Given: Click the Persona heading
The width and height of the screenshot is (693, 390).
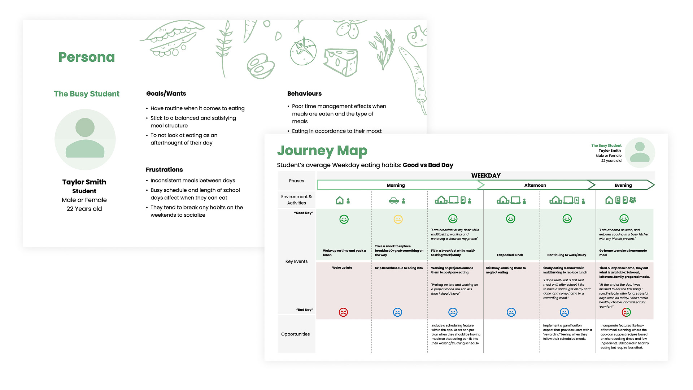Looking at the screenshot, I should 87,57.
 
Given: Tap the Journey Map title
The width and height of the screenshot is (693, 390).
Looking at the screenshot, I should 322,151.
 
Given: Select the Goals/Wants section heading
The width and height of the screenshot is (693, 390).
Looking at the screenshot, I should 166,94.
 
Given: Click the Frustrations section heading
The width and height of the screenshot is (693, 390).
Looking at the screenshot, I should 164,170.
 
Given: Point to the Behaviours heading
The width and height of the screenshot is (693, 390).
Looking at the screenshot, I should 304,94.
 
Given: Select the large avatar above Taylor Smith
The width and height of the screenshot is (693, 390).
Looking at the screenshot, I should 85,139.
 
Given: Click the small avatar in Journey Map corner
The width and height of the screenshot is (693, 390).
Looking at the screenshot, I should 640,152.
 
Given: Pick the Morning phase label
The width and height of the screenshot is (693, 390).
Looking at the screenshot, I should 396,185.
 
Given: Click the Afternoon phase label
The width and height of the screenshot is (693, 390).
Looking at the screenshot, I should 535,185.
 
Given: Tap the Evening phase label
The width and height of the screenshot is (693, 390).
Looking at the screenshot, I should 623,185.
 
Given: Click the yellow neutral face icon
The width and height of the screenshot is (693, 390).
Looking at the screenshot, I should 398,219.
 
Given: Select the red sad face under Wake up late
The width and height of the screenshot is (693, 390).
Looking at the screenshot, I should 343,312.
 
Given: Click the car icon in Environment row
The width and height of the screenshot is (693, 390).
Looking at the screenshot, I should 394,200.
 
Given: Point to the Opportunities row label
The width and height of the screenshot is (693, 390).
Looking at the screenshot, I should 295,334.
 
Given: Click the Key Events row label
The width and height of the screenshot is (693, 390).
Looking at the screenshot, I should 296,261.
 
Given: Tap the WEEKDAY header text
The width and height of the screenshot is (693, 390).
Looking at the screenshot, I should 485,175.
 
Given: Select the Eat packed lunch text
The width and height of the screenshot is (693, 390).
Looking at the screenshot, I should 510,255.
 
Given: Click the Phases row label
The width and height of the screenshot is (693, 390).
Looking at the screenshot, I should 296,181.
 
